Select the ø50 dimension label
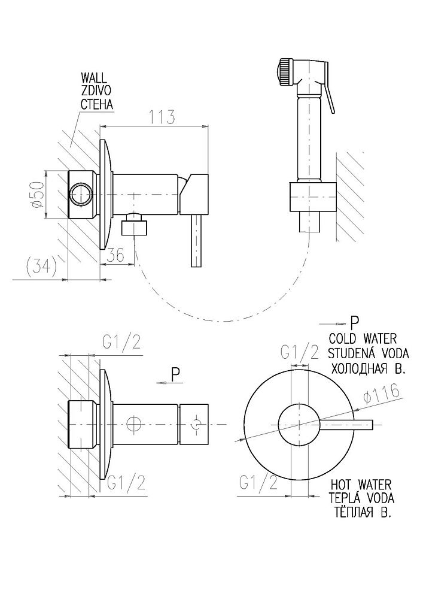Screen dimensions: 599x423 pos(37,195)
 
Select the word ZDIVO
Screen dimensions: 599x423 pos(96,92)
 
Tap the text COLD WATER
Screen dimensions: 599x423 pos(367,338)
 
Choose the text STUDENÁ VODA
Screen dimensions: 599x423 pos(367,352)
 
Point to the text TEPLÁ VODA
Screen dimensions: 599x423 pos(365,498)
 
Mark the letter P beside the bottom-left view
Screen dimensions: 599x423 pos(175,374)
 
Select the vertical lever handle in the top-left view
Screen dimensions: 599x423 pos(196,241)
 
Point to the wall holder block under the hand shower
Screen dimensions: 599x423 pos(311,196)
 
